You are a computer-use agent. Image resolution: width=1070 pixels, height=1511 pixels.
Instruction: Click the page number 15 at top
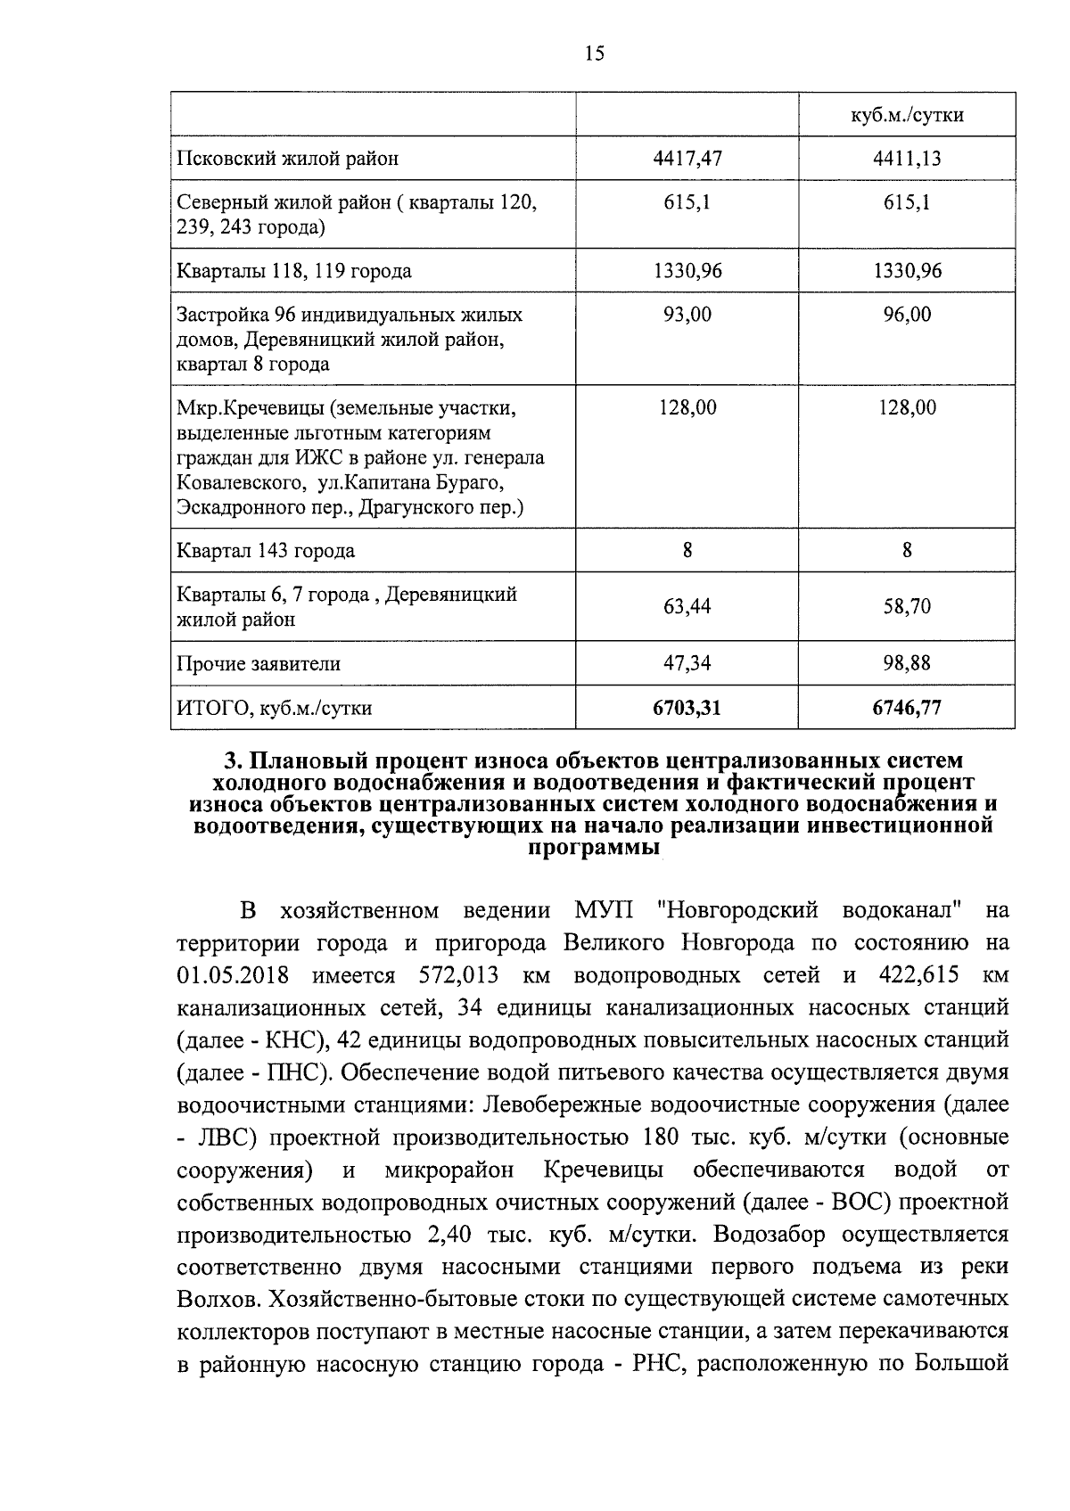[595, 54]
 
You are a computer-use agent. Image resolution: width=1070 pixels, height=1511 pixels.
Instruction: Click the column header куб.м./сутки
[907, 116]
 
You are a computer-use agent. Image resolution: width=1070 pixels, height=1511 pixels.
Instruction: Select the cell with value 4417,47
[687, 159]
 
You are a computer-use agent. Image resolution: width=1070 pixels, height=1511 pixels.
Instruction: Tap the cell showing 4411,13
[907, 159]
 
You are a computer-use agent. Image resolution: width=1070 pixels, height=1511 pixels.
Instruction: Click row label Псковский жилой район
[288, 159]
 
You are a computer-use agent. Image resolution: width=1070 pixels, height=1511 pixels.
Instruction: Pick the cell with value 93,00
[687, 314]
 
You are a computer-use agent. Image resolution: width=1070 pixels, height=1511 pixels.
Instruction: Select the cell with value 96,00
[907, 314]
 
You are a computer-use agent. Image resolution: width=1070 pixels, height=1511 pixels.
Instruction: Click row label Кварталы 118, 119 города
[294, 271]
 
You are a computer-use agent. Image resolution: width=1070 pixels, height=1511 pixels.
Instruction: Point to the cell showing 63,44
[687, 607]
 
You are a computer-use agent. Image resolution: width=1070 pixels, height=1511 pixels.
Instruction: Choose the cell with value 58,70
[907, 607]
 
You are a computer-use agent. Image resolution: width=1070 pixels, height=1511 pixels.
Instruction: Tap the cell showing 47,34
[687, 663]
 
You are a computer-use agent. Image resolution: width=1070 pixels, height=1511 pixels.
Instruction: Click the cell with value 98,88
[907, 663]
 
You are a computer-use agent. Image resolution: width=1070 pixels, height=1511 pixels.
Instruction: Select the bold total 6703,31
[687, 708]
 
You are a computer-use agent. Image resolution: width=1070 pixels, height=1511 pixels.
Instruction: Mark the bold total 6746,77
[907, 708]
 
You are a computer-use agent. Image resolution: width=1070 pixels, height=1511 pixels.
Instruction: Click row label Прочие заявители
[259, 664]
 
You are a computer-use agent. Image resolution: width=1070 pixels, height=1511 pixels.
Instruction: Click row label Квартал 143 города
[266, 551]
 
